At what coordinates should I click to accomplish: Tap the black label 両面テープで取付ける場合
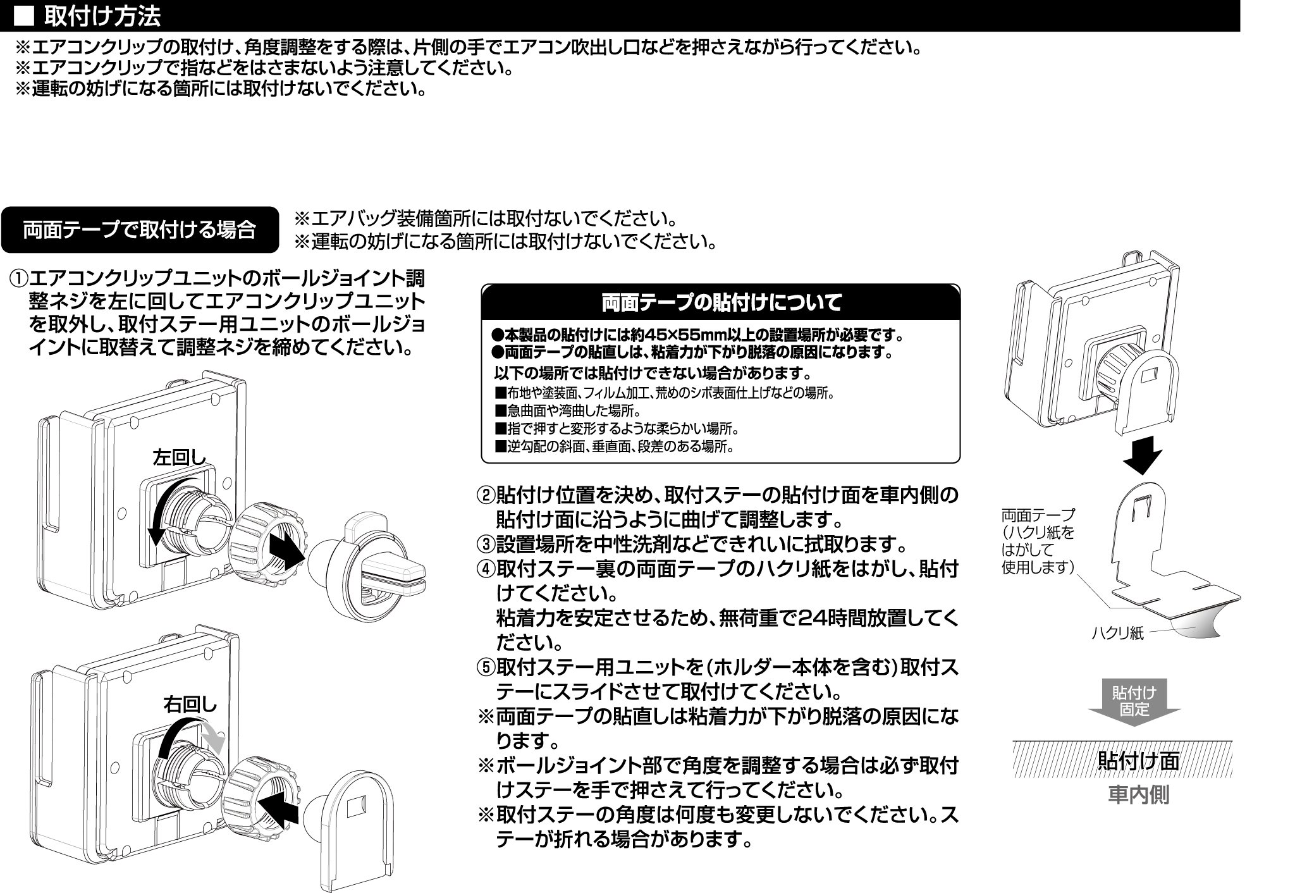pos(139,230)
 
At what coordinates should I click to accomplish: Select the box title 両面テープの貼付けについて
pos(721,303)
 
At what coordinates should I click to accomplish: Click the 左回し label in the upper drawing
pos(180,457)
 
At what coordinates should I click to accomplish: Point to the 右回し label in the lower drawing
pos(190,704)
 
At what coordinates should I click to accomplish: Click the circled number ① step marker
pos(18,278)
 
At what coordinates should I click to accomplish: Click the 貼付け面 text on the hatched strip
pos(1138,760)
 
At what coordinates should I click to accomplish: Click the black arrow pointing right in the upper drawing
pos(288,549)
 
